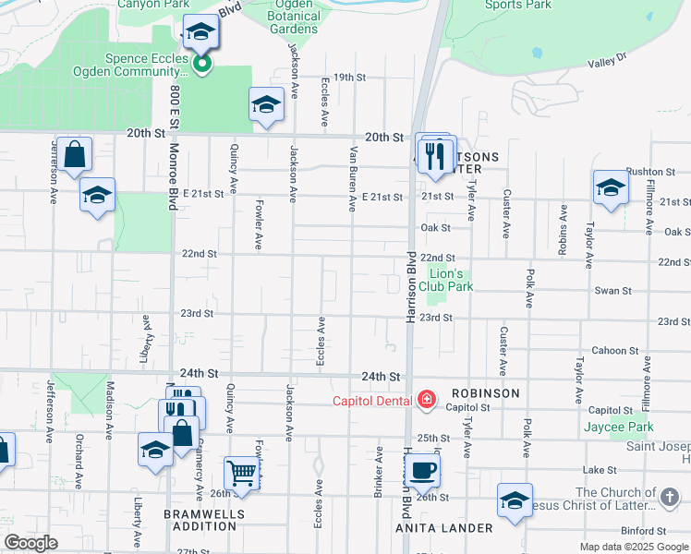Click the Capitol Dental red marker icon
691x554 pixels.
click(426, 400)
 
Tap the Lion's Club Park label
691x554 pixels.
click(445, 281)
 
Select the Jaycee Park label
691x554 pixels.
click(619, 427)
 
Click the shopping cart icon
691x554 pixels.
click(241, 473)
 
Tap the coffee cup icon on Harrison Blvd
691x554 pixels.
click(424, 470)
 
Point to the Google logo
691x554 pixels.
click(30, 543)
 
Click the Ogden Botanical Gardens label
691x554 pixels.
click(292, 18)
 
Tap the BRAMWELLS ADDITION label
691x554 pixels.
click(200, 520)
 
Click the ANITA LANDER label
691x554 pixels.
click(444, 528)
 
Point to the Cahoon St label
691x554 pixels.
click(610, 350)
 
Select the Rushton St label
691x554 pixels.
click(652, 171)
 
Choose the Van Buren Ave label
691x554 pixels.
click(352, 179)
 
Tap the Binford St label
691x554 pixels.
click(644, 531)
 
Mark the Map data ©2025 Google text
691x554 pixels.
click(633, 547)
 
